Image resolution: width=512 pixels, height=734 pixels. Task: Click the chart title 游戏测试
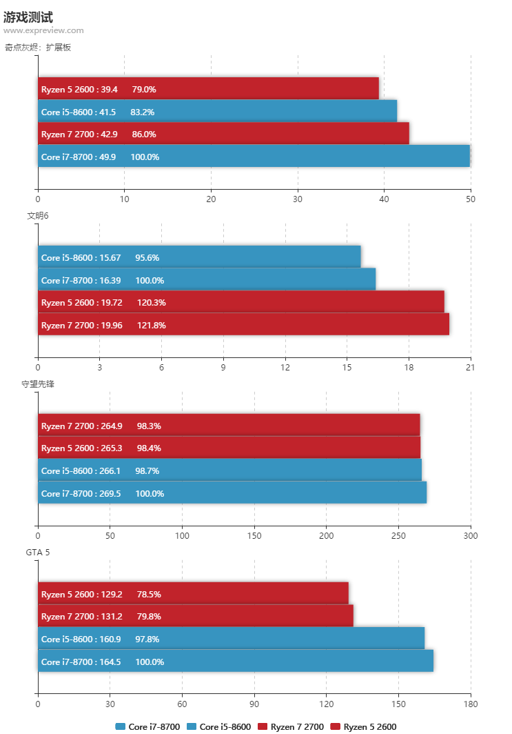pos(28,17)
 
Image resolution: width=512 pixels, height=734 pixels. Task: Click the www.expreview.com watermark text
pos(43,30)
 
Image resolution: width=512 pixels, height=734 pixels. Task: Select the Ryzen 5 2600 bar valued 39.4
pos(208,89)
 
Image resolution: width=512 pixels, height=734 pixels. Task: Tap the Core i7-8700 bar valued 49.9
pos(254,157)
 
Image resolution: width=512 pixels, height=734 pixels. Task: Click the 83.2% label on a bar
pos(143,112)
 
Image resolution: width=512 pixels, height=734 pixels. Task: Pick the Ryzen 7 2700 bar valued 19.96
pos(243,325)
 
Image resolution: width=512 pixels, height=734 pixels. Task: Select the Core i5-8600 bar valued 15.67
pos(199,257)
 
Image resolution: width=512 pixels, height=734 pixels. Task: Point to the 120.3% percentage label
pos(152,302)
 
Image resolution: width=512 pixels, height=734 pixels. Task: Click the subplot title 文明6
pos(38,216)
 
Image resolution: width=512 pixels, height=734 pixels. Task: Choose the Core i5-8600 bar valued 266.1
pos(229,470)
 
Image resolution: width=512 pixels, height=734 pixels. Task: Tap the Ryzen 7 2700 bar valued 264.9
pos(229,426)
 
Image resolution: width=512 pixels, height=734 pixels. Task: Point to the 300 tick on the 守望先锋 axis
pos(470,535)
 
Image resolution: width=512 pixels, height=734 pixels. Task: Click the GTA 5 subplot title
pos(38,552)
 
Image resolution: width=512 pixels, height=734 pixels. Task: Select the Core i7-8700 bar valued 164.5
pos(236,662)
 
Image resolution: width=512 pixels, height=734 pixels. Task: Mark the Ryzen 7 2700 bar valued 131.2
pos(196,616)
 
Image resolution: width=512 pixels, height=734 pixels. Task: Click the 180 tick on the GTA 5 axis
pos(470,704)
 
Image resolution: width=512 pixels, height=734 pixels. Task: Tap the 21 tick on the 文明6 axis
pos(470,367)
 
